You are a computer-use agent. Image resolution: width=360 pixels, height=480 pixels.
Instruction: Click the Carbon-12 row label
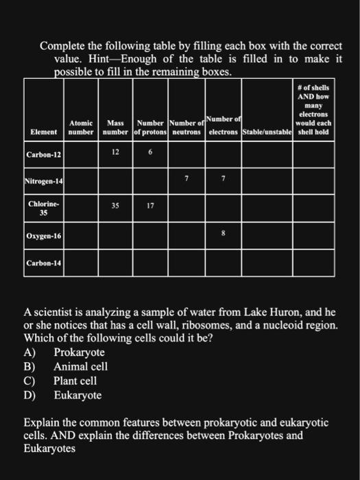pyautogui.click(x=43, y=156)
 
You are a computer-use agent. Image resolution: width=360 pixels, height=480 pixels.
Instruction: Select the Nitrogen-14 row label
pyautogui.click(x=43, y=182)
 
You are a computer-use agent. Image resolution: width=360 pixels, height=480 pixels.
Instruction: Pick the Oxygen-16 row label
pyautogui.click(x=43, y=236)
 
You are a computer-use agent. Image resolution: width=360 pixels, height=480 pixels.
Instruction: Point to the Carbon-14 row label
pyautogui.click(x=43, y=263)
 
